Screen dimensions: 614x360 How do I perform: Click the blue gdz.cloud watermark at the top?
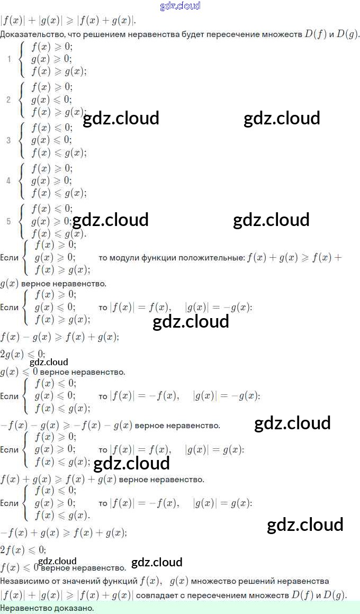tap(180, 6)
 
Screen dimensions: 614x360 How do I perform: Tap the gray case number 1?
tap(8, 59)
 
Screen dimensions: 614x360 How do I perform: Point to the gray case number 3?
tap(8, 140)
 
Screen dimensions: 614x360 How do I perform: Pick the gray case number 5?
tap(8, 221)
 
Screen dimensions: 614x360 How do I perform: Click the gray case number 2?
tap(8, 100)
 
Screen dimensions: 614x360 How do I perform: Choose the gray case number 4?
tap(8, 181)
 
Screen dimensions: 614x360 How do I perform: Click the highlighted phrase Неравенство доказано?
tap(47, 608)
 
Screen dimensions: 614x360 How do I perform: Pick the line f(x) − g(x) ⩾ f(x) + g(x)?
tap(59, 337)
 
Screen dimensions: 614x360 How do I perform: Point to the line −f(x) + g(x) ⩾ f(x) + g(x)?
tap(64, 532)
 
